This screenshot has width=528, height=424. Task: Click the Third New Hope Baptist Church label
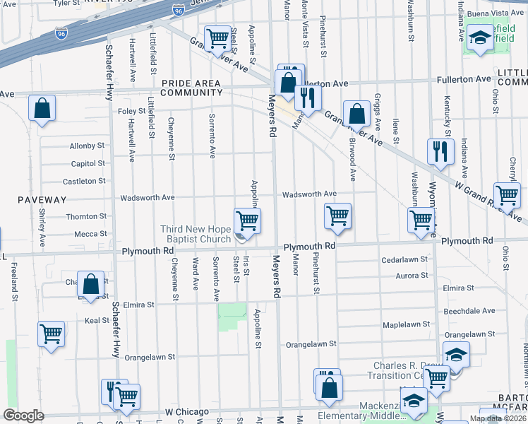click(x=196, y=234)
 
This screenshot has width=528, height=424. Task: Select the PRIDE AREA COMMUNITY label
click(x=192, y=88)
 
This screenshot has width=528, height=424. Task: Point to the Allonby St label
click(x=87, y=146)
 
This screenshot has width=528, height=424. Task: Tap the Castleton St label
click(x=84, y=181)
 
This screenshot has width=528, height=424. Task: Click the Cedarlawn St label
click(x=404, y=259)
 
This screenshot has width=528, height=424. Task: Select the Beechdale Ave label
click(x=469, y=311)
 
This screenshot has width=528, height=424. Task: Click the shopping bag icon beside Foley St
click(x=42, y=110)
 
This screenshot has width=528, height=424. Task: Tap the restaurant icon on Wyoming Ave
click(x=439, y=151)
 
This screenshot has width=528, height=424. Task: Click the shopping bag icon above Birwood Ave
click(x=357, y=113)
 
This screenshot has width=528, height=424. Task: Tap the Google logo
click(x=23, y=416)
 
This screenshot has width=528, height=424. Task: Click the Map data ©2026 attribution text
click(x=498, y=419)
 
